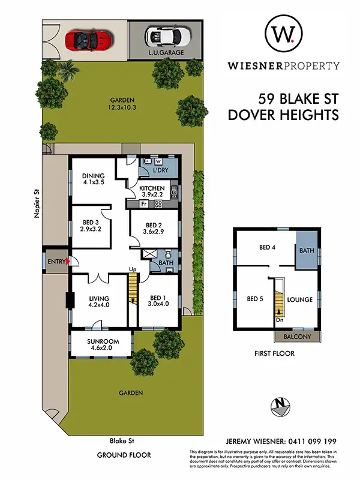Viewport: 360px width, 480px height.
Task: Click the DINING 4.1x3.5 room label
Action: tap(93, 179)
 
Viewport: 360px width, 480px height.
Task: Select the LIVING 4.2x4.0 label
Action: tap(98, 301)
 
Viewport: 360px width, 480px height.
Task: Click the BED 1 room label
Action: tap(158, 301)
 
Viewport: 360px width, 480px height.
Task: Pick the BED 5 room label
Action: tap(255, 298)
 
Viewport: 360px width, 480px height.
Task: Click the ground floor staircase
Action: tap(133, 292)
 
